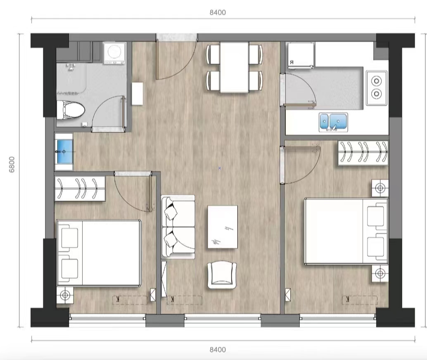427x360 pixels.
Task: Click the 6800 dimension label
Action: coord(12,164)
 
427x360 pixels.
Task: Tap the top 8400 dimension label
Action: coord(218,12)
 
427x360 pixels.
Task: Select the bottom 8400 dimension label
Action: coord(218,349)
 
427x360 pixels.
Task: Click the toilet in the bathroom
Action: coord(70,110)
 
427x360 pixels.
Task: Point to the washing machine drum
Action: coord(115,51)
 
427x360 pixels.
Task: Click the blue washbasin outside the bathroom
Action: coord(64,152)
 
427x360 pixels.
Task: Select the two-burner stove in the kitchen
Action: coord(376,88)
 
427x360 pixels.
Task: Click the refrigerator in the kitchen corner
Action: coord(301,55)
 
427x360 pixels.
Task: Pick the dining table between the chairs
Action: coord(234,67)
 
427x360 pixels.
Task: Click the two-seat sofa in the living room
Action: coord(178,227)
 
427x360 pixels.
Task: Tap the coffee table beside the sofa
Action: coord(223,227)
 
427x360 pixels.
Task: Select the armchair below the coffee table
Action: coord(222,275)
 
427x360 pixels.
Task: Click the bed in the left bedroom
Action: coord(99,253)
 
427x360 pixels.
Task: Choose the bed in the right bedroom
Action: coord(346,231)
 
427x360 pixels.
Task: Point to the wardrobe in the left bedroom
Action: coord(80,189)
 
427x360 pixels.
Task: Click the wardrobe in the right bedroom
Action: coord(363,152)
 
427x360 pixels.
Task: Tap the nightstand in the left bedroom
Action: coord(65,295)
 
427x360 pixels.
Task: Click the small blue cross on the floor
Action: coord(220,168)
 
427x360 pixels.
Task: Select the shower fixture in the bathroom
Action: coord(71,66)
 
